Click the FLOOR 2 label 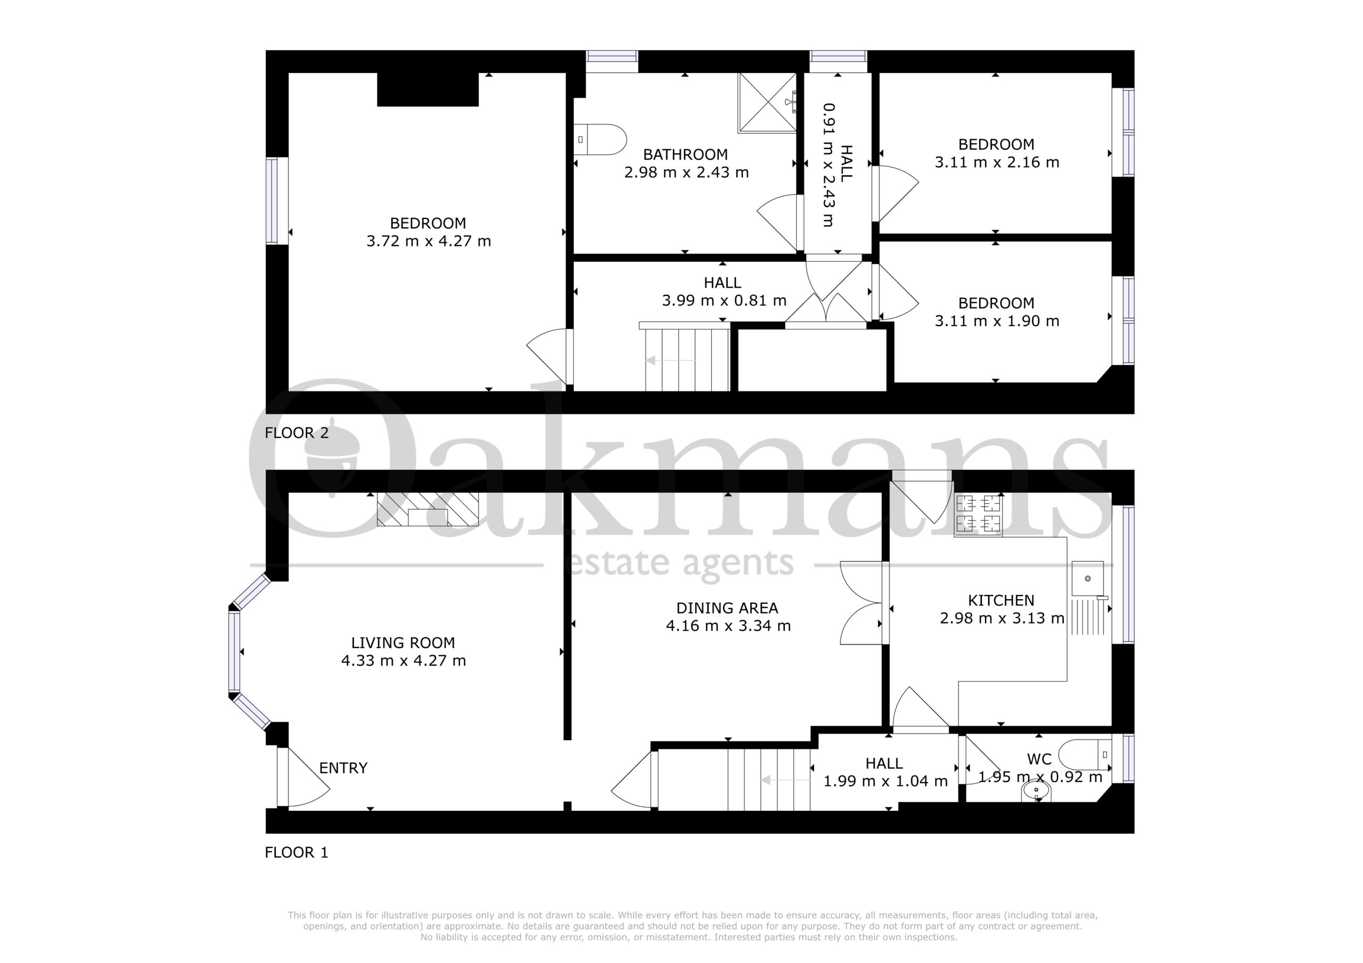296,433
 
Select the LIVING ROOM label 403,643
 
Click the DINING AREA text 727,608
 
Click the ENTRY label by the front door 343,768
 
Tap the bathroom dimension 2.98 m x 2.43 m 686,172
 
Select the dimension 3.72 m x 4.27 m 429,241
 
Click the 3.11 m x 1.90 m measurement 997,321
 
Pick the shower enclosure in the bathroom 767,103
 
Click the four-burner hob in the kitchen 978,515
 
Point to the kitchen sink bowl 1088,578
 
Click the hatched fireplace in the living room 428,509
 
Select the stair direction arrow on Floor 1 785,781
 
